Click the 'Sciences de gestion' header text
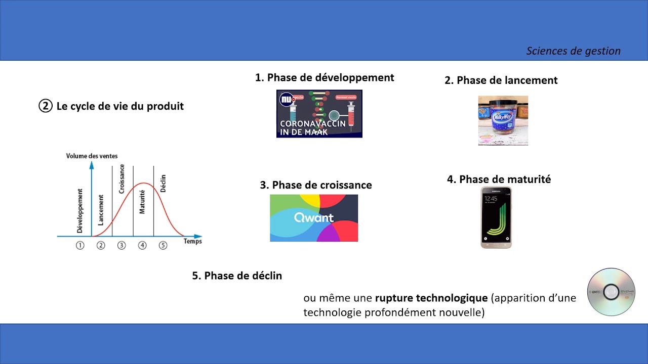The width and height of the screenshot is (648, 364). point(573,51)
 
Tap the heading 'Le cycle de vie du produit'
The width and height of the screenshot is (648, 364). point(119,106)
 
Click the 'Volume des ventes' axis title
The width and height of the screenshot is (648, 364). point(92,156)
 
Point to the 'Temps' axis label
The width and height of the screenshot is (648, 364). point(192,241)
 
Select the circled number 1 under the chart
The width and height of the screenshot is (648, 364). point(80,245)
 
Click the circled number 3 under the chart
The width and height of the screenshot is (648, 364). point(121,245)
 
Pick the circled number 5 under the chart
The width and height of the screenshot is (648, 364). point(163,245)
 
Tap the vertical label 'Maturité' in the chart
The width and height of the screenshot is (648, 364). point(142,201)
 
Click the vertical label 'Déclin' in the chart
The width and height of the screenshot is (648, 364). point(163,183)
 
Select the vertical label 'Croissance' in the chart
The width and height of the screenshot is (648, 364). point(121,178)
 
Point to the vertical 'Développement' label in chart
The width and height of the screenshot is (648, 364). point(80,211)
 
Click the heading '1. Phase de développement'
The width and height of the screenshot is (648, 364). point(325,77)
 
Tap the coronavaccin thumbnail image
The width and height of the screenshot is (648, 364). point(319,114)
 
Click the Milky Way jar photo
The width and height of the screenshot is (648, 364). point(503,120)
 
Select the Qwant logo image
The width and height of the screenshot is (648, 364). point(314,218)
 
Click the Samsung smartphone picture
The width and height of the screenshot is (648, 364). point(496,217)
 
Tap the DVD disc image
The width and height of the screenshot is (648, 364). point(611,292)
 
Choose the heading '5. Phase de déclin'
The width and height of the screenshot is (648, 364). point(237,276)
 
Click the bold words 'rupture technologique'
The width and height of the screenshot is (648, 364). point(431,298)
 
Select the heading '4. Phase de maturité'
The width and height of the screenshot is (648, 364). point(499,179)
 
